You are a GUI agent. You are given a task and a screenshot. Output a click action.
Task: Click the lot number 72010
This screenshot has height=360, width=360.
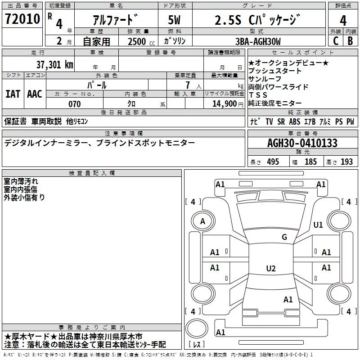click(x=22, y=19)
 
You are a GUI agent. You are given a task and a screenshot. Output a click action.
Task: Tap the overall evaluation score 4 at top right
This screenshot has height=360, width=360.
click(x=343, y=21)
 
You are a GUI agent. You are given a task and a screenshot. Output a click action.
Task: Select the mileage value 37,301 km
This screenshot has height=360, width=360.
click(x=55, y=64)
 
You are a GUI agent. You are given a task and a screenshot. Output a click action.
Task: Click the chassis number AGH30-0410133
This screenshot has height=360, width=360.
click(x=302, y=143)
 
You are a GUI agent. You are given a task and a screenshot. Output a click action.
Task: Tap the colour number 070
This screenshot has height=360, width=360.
click(x=74, y=104)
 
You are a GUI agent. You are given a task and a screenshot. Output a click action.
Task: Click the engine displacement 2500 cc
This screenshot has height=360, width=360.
click(x=137, y=41)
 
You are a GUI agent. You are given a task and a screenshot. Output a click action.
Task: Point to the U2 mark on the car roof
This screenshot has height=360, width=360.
click(x=270, y=269)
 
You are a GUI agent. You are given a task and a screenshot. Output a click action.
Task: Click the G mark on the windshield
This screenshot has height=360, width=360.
click(x=284, y=237)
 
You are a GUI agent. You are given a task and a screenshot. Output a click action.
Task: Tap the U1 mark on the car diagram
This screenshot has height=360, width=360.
click(x=318, y=225)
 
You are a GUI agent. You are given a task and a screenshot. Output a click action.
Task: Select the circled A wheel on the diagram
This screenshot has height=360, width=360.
click(x=202, y=221)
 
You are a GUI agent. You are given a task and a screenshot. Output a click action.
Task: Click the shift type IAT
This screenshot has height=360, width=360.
click(x=13, y=94)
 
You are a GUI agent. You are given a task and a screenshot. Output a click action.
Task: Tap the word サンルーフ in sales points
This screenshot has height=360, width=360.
click(x=265, y=79)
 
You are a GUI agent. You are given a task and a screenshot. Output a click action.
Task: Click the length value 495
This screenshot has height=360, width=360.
click(x=273, y=162)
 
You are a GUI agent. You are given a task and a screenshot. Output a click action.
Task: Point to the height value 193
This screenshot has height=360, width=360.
click(x=346, y=162)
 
